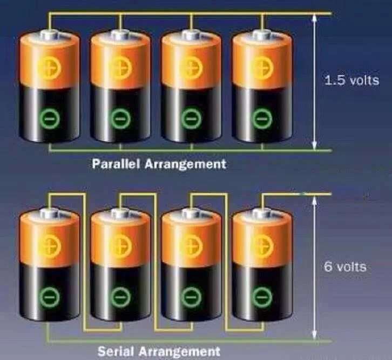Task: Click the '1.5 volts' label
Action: pyautogui.click(x=351, y=81)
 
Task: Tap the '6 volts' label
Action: pyautogui.click(x=346, y=267)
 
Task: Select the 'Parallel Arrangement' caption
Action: pyautogui.click(x=158, y=163)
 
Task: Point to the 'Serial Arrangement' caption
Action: pyautogui.click(x=159, y=351)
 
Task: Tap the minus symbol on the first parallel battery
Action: pyautogui.click(x=48, y=118)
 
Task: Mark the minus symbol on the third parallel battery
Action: pyautogui.click(x=190, y=118)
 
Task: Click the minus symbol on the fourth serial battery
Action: pyautogui.click(x=262, y=296)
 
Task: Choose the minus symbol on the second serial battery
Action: pyautogui.click(x=119, y=296)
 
